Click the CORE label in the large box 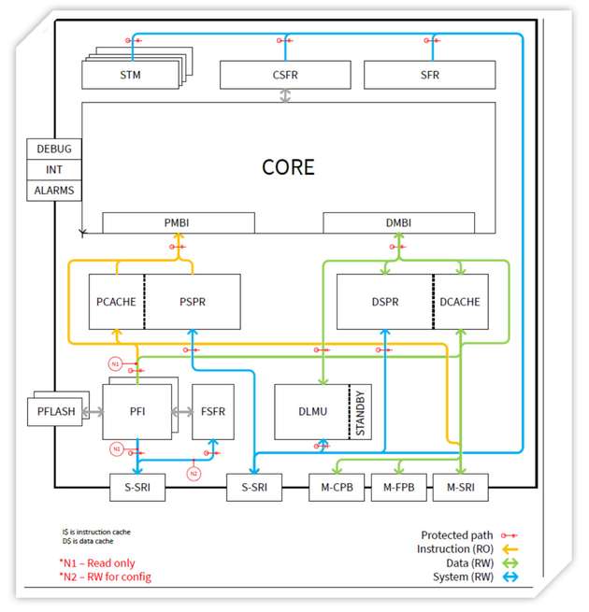(288, 168)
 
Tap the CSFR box (285, 75)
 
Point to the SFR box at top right (429, 75)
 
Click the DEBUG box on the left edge (53, 149)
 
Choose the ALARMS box (53, 191)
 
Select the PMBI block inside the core (178, 223)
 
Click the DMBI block (398, 223)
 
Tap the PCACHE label (117, 302)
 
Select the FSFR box (212, 411)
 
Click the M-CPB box (337, 487)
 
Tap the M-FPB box (398, 487)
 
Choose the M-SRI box (462, 487)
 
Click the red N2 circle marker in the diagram (194, 473)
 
